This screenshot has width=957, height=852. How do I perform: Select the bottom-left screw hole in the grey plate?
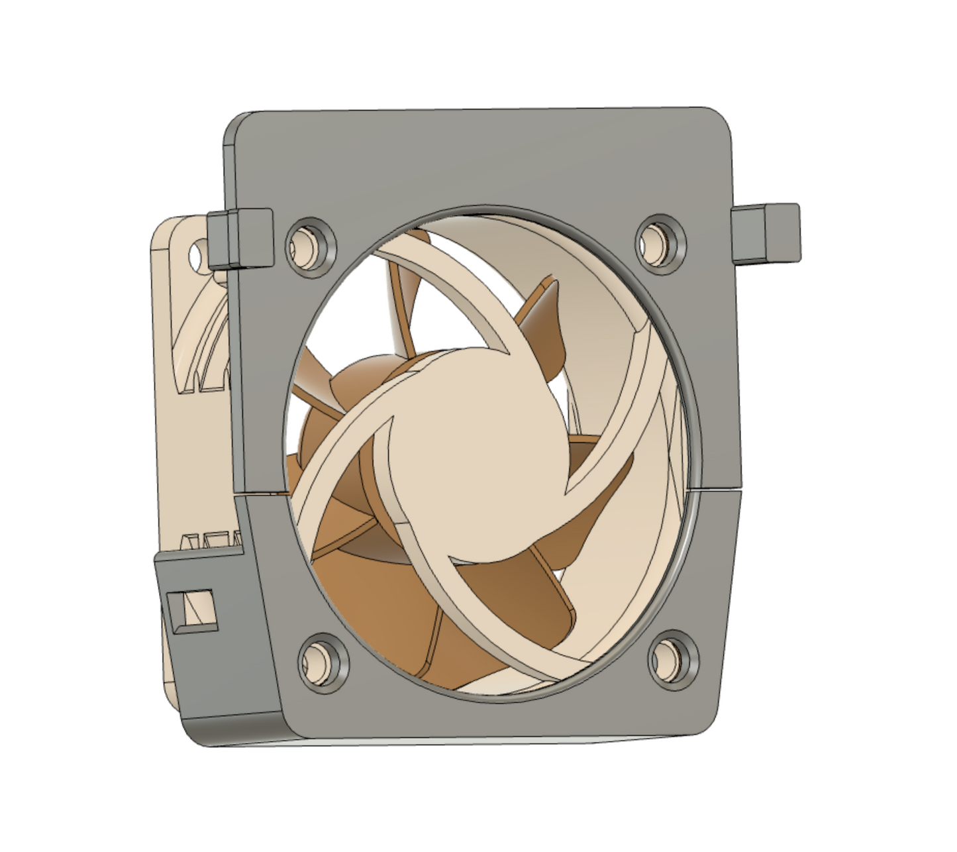click(323, 660)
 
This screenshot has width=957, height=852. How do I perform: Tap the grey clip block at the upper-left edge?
click(240, 238)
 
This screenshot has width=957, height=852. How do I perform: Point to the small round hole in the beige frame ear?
click(197, 254)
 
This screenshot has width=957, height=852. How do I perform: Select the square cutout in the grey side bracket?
click(191, 608)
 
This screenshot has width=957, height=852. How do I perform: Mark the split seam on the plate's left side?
click(262, 493)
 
